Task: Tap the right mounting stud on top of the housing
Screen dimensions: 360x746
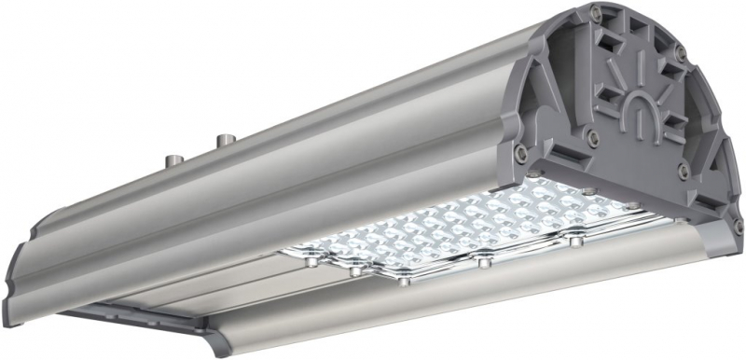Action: (x=224, y=141)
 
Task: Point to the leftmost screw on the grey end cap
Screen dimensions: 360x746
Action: (x=518, y=150)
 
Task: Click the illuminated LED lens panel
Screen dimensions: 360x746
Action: (x=466, y=233)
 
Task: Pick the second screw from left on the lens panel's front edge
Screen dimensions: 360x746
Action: (x=354, y=272)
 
